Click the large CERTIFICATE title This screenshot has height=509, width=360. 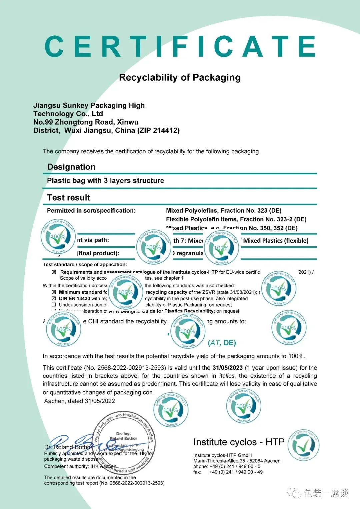(180, 47)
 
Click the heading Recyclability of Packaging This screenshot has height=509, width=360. (180, 78)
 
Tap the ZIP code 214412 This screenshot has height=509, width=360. (166, 131)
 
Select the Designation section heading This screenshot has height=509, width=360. (71, 167)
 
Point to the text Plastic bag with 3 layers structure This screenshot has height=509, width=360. (105, 181)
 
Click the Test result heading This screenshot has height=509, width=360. (69, 198)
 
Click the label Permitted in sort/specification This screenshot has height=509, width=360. (91, 211)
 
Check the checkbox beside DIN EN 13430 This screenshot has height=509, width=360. (54, 299)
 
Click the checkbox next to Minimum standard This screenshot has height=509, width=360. (54, 292)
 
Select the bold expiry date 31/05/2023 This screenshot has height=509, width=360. (228, 368)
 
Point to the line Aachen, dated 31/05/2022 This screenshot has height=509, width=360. (79, 401)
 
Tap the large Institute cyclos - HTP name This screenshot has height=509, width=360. (239, 442)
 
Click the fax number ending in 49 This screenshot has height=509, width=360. (236, 472)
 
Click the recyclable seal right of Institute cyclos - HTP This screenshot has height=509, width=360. (303, 445)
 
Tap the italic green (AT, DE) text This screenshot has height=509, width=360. (222, 343)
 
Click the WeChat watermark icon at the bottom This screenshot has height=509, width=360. (294, 493)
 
